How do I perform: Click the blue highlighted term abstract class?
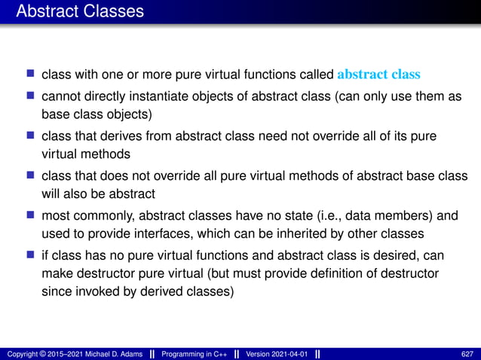(x=378, y=75)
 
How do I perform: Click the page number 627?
(x=467, y=353)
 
